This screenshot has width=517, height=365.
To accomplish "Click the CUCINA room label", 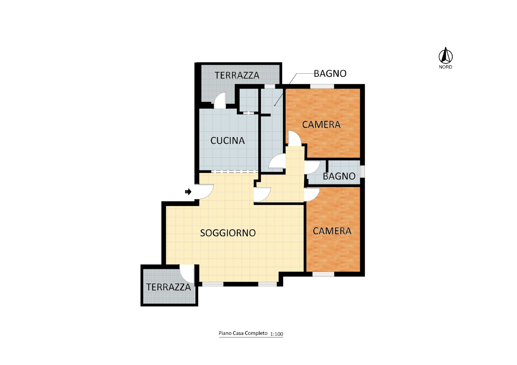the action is coord(227,140).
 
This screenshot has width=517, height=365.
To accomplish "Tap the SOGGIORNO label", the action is coord(228,233).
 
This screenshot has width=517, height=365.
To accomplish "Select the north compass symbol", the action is coord(446,55).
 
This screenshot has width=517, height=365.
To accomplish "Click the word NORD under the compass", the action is coord(445,67).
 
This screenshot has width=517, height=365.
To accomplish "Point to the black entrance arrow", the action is coord(188,191).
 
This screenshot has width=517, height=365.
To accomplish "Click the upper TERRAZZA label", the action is coord(237,75).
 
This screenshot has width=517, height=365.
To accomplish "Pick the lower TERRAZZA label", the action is coord(169,287).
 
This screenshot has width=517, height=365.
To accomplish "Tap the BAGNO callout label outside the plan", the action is coord(330,74).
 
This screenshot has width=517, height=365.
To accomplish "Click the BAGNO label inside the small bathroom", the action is coord(339,176).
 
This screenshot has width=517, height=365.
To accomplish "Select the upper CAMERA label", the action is coord(321,125).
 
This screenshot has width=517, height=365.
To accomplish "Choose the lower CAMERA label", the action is coord(332,231).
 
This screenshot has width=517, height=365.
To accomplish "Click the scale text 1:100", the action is coord(276,334).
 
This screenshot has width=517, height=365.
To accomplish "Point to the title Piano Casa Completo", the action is coord(243,333).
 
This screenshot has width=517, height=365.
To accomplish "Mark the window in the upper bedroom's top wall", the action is coord(322,86).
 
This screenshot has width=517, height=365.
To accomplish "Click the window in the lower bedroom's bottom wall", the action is coord(323,274).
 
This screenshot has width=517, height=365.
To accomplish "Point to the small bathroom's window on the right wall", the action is coord(363,171).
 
